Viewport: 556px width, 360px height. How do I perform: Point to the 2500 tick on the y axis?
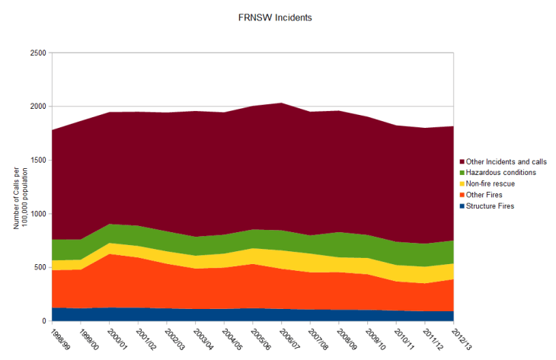(37, 53)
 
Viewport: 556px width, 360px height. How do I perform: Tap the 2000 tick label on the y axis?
(37, 107)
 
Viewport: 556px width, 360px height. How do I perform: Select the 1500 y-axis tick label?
(37, 161)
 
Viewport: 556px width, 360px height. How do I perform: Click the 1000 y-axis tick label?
(37, 214)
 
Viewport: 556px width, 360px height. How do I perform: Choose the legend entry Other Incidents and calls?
(507, 162)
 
